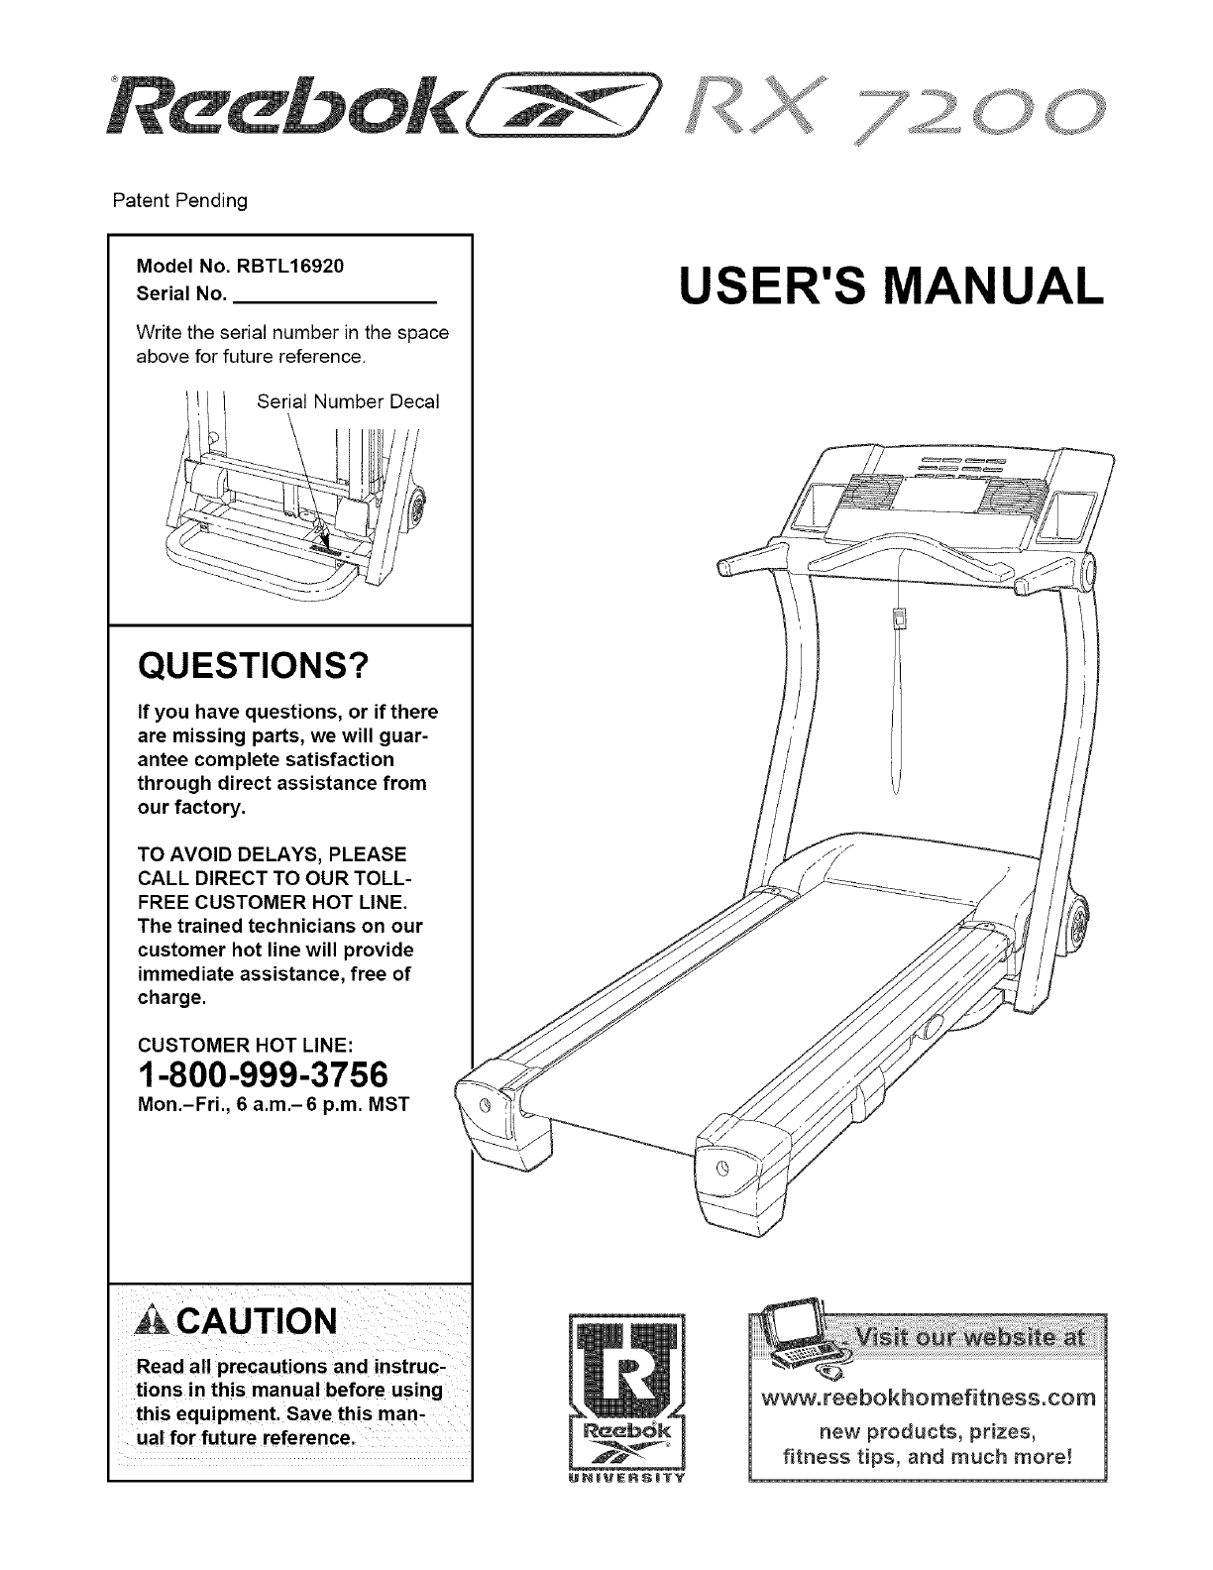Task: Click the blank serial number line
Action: (336, 295)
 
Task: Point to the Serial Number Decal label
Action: (348, 401)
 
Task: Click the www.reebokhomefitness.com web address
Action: (925, 1399)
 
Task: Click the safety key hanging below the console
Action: (899, 619)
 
